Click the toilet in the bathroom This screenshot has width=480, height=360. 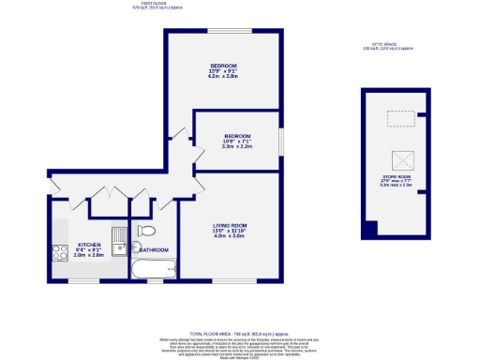click(x=145, y=231)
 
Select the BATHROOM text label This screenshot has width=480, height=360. click(x=154, y=250)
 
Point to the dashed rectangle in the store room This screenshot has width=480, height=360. click(x=402, y=118)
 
